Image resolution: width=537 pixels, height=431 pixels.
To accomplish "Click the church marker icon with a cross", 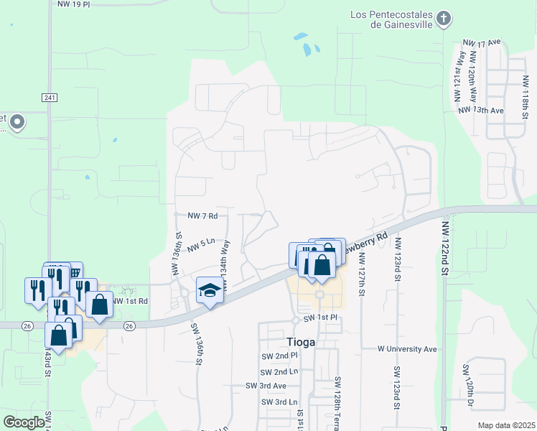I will pyautogui.click(x=444, y=19).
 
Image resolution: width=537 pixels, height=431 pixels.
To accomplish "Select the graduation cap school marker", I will pyautogui.click(x=209, y=290).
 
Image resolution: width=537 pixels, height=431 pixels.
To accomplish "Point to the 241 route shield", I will pyautogui.click(x=49, y=98).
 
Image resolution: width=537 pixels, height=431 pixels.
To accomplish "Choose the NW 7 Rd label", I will pyautogui.click(x=202, y=215).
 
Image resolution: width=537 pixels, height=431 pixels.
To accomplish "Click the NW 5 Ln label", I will pyautogui.click(x=202, y=248).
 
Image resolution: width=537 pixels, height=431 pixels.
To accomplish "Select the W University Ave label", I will pyautogui.click(x=407, y=349).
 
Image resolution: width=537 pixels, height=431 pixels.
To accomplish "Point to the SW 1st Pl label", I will pyautogui.click(x=319, y=318).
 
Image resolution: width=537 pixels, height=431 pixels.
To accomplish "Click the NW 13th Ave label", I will pyautogui.click(x=480, y=110).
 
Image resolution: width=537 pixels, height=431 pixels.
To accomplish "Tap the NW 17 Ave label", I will pyautogui.click(x=481, y=43).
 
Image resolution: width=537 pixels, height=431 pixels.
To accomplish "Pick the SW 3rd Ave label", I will pyautogui.click(x=261, y=386).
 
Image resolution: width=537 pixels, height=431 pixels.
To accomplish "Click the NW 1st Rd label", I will pyautogui.click(x=130, y=301).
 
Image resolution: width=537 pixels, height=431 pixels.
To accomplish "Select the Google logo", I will pyautogui.click(x=24, y=422).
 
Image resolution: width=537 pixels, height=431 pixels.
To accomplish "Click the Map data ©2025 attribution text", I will pyautogui.click(x=506, y=425).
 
